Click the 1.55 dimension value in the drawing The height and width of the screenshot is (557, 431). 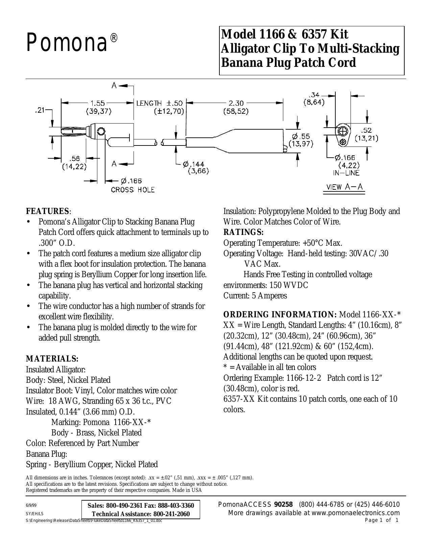[x=98, y=103]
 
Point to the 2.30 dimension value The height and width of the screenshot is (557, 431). [x=236, y=103]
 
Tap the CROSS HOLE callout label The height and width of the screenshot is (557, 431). [x=133, y=190]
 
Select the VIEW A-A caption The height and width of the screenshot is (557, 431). [x=344, y=187]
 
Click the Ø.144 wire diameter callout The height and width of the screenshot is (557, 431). [x=194, y=164]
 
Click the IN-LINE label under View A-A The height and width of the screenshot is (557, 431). [x=346, y=173]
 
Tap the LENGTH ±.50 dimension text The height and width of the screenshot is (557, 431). [x=160, y=103]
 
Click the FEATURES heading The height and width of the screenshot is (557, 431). [x=47, y=211]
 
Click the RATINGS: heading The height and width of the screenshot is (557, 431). [x=243, y=232]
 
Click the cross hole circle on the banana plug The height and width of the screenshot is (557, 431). [x=101, y=132]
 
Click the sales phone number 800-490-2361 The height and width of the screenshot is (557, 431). [x=124, y=505]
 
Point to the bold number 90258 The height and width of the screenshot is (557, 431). [x=283, y=504]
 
